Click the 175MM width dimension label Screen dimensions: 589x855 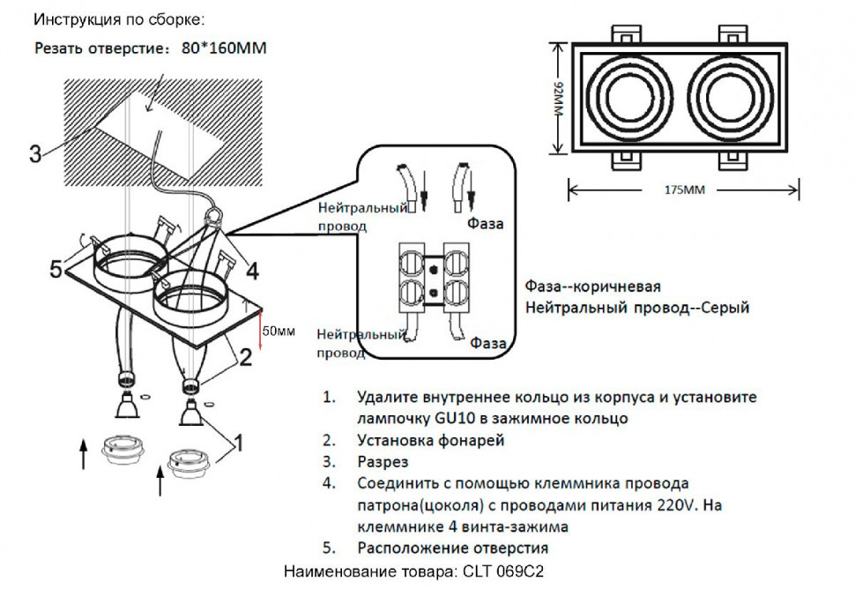(683, 190)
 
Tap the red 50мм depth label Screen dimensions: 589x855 (279, 332)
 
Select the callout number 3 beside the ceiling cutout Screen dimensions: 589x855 (35, 155)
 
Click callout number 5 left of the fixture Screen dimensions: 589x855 (56, 270)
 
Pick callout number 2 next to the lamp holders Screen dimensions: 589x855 (247, 356)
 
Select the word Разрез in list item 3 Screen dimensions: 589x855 (383, 461)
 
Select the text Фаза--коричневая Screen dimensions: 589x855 (592, 287)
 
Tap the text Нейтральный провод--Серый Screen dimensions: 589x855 (636, 308)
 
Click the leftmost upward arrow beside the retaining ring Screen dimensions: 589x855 (85, 455)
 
